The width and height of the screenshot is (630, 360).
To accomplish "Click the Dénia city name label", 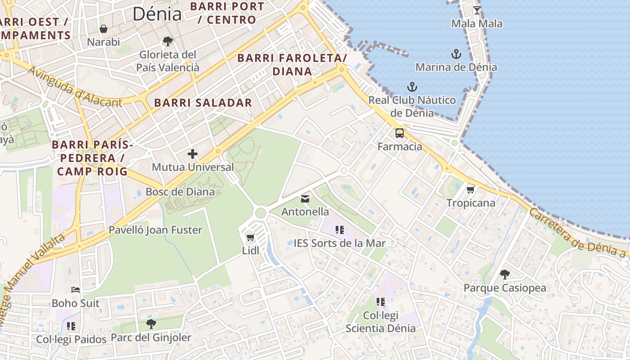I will pyautogui.click(x=157, y=14).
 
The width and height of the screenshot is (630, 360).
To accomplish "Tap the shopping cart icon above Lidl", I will pyautogui.click(x=250, y=237).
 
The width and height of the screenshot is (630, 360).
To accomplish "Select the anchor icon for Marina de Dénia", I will pyautogui.click(x=456, y=54).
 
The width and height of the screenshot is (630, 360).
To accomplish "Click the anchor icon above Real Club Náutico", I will pyautogui.click(x=412, y=86).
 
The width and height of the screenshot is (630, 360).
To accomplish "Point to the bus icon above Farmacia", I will pyautogui.click(x=400, y=133).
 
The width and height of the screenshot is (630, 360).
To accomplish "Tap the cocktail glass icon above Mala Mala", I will pyautogui.click(x=477, y=10).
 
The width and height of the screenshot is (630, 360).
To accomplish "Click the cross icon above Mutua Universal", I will pyautogui.click(x=193, y=154).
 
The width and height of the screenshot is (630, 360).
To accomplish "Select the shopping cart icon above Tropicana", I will pyautogui.click(x=471, y=189).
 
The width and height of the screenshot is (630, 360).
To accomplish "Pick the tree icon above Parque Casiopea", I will pyautogui.click(x=505, y=274).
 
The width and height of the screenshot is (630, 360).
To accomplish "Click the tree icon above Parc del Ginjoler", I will pyautogui.click(x=151, y=324).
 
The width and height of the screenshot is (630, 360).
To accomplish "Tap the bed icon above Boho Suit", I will pyautogui.click(x=76, y=290).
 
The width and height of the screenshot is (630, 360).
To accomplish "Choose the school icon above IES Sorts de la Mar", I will pyautogui.click(x=340, y=230).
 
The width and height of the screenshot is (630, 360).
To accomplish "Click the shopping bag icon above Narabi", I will pyautogui.click(x=103, y=29).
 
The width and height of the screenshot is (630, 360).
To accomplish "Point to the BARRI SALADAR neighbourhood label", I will pyautogui.click(x=203, y=103).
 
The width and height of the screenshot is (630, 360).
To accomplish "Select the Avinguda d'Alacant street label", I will pyautogui.click(x=74, y=87).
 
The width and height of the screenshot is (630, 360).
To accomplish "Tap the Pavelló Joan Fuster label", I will pyautogui.click(x=155, y=230).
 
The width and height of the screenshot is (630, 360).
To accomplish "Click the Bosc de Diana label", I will pyautogui.click(x=180, y=192).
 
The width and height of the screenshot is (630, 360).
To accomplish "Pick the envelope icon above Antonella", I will pyautogui.click(x=305, y=198).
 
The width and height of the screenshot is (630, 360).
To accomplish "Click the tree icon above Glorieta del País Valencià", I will pyautogui.click(x=168, y=41).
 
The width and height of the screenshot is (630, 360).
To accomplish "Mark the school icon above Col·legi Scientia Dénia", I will pyautogui.click(x=381, y=301).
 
